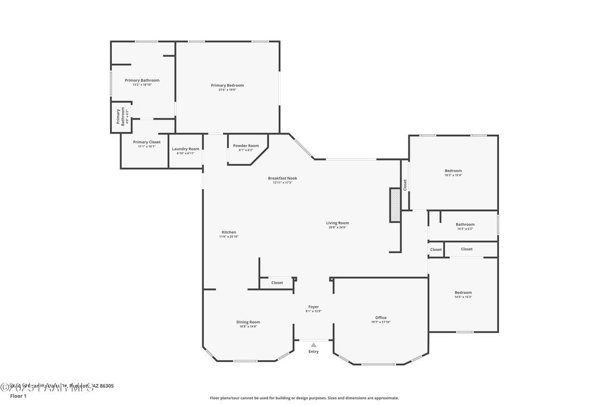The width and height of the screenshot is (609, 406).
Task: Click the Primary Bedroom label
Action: point(227,86)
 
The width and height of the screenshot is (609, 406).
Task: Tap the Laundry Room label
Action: point(186,149)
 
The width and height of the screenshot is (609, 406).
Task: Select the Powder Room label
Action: point(246,146)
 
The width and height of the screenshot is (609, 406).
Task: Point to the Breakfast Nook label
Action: point(282,178)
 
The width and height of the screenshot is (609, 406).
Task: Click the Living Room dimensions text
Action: point(337,227)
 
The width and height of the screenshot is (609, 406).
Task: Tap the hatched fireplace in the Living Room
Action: point(395,205)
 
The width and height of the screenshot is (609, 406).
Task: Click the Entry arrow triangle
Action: point(313,344)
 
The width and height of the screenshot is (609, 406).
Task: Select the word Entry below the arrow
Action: point(313,351)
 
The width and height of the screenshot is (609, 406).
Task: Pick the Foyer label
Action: point(313,307)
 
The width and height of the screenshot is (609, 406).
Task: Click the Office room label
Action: point(381,317)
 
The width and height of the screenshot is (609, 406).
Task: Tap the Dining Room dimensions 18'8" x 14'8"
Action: point(248,326)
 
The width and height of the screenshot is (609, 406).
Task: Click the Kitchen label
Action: point(229,232)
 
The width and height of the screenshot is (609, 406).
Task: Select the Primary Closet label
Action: point(146,142)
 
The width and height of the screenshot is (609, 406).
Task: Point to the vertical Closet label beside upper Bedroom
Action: point(405,185)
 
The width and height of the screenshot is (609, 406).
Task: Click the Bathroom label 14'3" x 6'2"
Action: point(465,224)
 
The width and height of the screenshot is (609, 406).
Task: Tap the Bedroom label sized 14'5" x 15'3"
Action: point(463,292)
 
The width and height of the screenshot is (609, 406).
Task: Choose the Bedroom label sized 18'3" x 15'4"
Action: point(453,171)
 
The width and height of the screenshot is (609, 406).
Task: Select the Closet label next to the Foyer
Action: point(277,283)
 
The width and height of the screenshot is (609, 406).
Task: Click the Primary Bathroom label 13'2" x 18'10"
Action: point(142,80)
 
